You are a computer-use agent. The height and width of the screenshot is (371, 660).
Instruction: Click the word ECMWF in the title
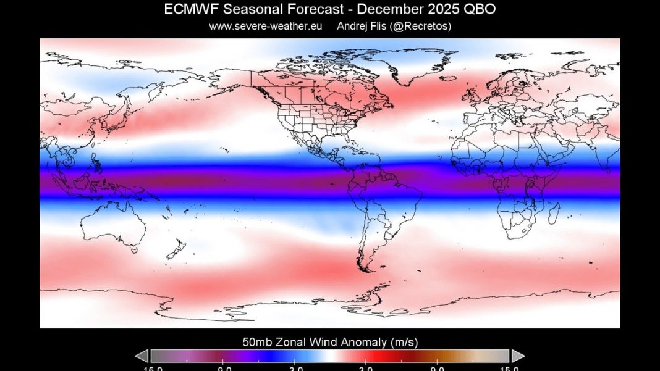tap(187, 9)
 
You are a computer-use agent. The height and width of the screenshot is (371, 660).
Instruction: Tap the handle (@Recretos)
tap(423, 26)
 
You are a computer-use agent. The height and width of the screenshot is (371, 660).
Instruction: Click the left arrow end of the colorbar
tap(142, 356)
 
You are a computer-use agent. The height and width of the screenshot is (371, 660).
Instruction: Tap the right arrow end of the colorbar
tap(518, 356)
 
